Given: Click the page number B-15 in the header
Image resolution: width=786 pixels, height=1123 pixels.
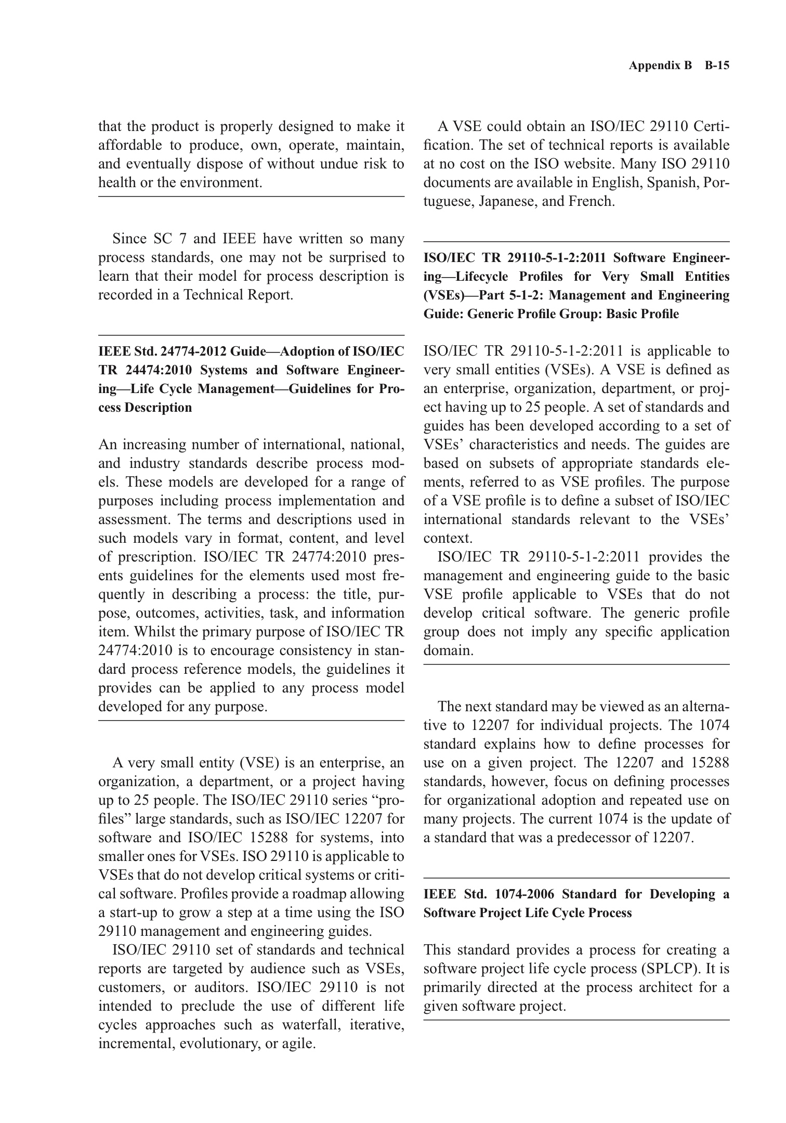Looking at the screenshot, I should click(717, 66).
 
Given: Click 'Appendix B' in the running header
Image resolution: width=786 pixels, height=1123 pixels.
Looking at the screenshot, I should click(660, 66).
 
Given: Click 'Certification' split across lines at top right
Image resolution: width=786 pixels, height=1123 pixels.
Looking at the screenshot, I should click(712, 126).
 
